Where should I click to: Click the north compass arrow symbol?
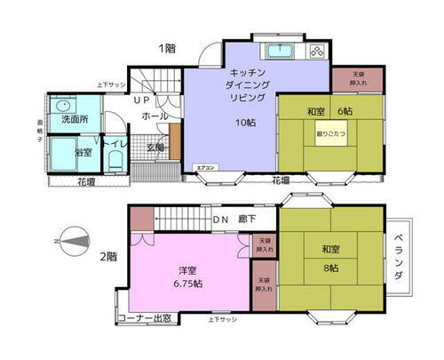pos(71,238)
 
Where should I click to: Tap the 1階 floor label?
pos(167,48)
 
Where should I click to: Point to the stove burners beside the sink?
pos(318,52)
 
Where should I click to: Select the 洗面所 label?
pos(74,119)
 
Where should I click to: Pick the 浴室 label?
pos(83,153)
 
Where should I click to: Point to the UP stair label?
pos(142,100)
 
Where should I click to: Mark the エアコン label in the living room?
pos(203,166)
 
